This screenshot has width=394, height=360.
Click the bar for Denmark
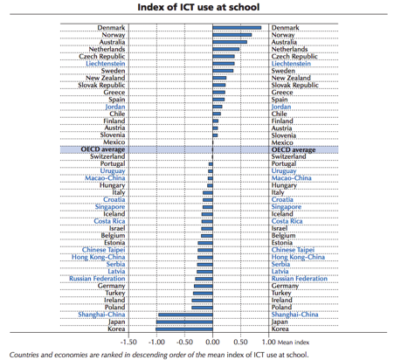237,28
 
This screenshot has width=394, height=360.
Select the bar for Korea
184,329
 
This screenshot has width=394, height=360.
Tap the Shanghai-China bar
185,315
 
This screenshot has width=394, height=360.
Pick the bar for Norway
232,35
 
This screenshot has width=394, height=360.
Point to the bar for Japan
184,322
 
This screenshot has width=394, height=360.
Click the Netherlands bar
225,49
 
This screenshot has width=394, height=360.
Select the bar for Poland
202,308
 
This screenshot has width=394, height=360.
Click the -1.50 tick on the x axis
128,342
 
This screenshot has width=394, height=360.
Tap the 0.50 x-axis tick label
240,342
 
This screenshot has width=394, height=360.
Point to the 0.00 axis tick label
212,342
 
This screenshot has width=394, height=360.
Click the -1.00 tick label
156,342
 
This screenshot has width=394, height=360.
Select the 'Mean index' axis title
294,343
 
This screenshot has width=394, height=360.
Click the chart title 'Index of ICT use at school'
198,7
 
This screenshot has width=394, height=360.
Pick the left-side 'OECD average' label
103,149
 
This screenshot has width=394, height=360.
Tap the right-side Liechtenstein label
291,64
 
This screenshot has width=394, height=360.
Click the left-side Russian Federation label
97,279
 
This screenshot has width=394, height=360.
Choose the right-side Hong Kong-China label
298,257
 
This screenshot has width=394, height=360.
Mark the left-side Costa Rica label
109,221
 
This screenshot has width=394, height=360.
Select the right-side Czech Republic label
294,57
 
